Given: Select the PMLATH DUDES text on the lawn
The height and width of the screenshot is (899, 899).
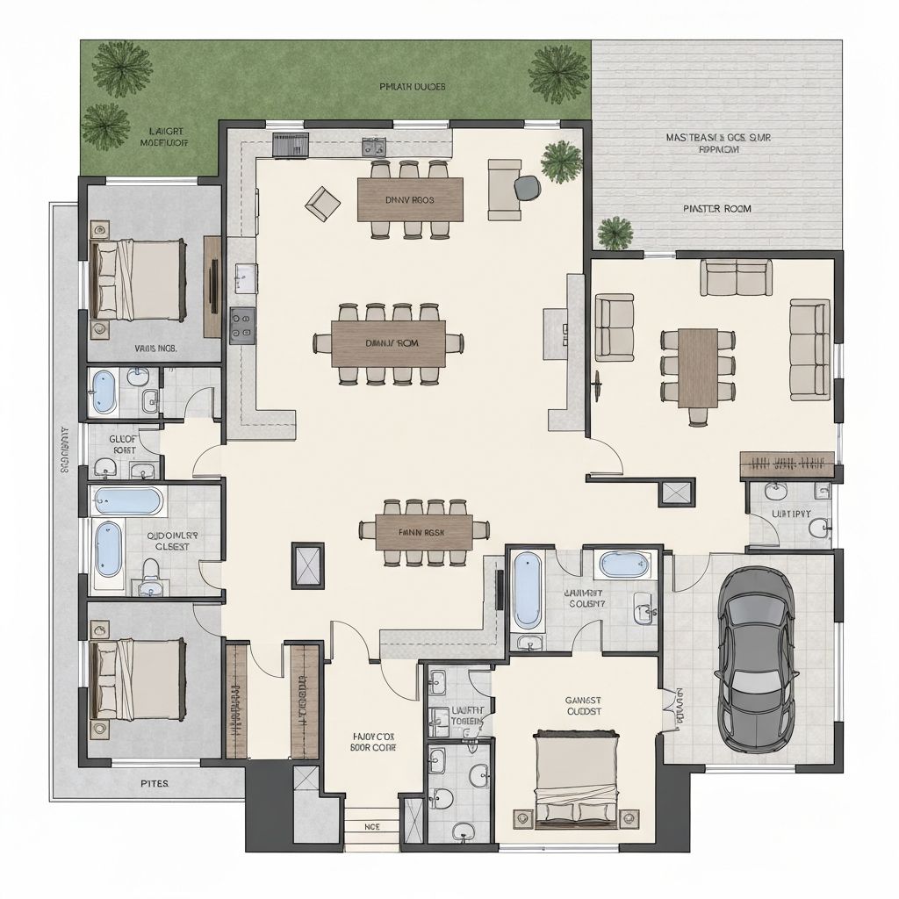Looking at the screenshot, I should point(413,87).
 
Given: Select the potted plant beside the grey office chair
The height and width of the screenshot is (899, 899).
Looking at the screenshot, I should point(561,161).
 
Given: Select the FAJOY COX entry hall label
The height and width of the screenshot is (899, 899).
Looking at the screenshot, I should point(373,742).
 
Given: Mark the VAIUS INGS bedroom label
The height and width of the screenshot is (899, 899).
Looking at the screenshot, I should point(155,349).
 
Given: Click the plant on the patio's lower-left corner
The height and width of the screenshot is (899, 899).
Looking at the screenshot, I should point(615,233).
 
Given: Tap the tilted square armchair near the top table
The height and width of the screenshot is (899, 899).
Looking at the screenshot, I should point(322,203).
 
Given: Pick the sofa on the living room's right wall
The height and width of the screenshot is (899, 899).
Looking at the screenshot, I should point(809,349).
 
